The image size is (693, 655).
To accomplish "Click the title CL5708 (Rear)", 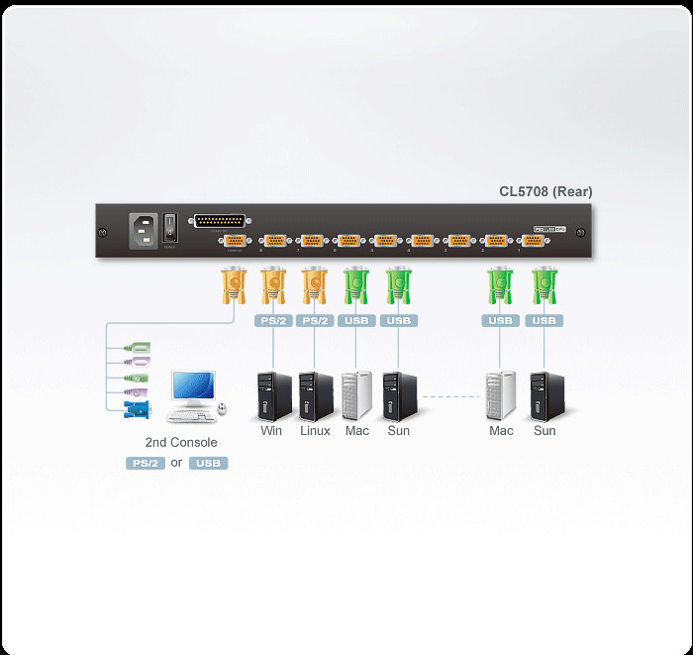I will (x=545, y=191).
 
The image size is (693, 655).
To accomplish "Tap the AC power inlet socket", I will (x=144, y=230).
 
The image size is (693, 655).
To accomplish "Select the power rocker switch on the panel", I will (x=170, y=228).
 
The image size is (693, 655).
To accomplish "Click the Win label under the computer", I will (x=271, y=431).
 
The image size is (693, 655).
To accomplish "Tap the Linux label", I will (x=315, y=431).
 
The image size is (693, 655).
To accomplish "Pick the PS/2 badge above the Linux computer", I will (x=315, y=321).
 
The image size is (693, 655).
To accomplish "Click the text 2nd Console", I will (x=181, y=443).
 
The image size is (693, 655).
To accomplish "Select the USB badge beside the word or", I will (x=208, y=463).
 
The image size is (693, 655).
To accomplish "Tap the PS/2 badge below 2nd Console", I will (x=144, y=463).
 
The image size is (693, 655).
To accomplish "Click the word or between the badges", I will (x=176, y=463).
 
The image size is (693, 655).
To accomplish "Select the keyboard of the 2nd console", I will (x=191, y=416).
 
